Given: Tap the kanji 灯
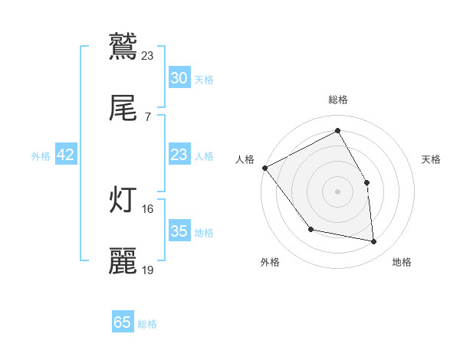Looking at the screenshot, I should click(x=123, y=199).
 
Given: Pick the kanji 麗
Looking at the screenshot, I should click(x=123, y=261).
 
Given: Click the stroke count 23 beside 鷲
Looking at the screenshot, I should click(x=148, y=55).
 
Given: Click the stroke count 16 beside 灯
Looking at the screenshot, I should click(x=148, y=208).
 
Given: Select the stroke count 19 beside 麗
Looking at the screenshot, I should click(x=148, y=270).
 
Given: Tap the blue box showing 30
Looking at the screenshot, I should click(x=179, y=78).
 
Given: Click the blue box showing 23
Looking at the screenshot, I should click(x=179, y=155).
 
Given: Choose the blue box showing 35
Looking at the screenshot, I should click(x=179, y=231).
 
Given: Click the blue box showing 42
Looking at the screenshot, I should click(x=66, y=155).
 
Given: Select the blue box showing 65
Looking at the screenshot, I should click(x=123, y=322).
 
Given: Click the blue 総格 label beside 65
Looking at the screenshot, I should click(x=147, y=324).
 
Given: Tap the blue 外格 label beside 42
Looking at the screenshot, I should click(x=41, y=156).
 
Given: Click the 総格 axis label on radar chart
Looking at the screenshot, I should click(x=337, y=100).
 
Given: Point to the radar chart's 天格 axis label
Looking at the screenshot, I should click(x=432, y=159).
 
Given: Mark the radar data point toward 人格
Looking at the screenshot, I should click(x=264, y=168).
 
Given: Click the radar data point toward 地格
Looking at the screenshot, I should click(x=373, y=242).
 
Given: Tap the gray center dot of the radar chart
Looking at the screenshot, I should click(x=337, y=191).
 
